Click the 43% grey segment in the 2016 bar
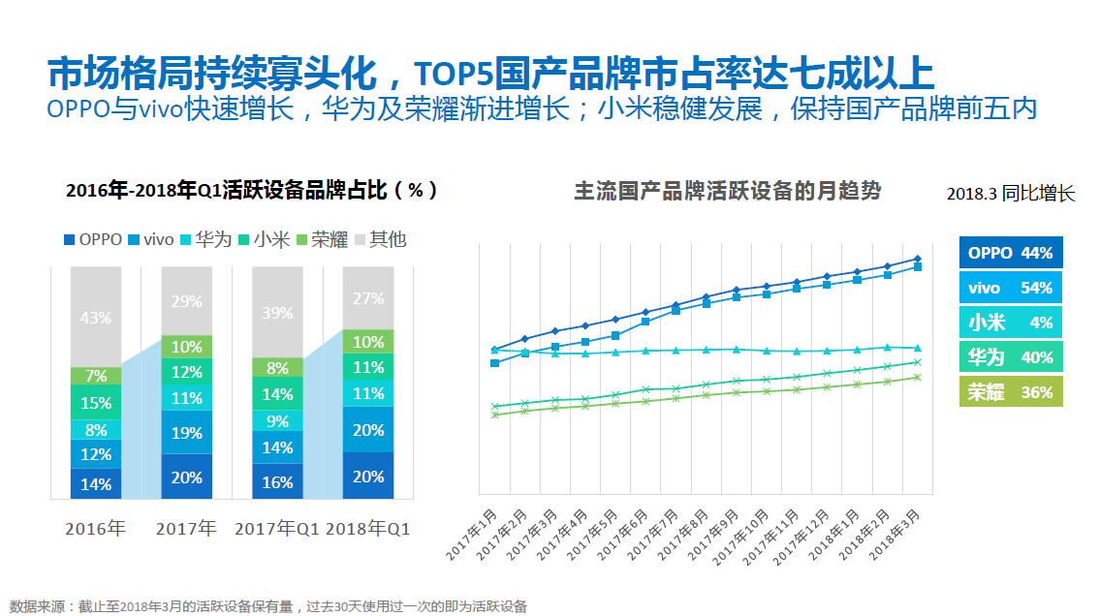coord(96,317)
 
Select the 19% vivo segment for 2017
coord(186,433)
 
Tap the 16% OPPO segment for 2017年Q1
coord(277,481)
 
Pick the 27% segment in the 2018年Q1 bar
coord(368,299)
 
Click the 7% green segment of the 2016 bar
coord(96,376)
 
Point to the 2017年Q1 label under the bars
coord(276,529)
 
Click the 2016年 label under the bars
coord(96,529)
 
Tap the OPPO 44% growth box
coord(1011,253)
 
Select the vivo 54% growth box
coord(1011,288)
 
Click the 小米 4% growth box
coord(1011,323)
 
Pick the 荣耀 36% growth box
coord(1011,392)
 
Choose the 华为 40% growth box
coord(1011,357)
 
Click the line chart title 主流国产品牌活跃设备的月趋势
coord(728,191)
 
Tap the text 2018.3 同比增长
coord(1011,194)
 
